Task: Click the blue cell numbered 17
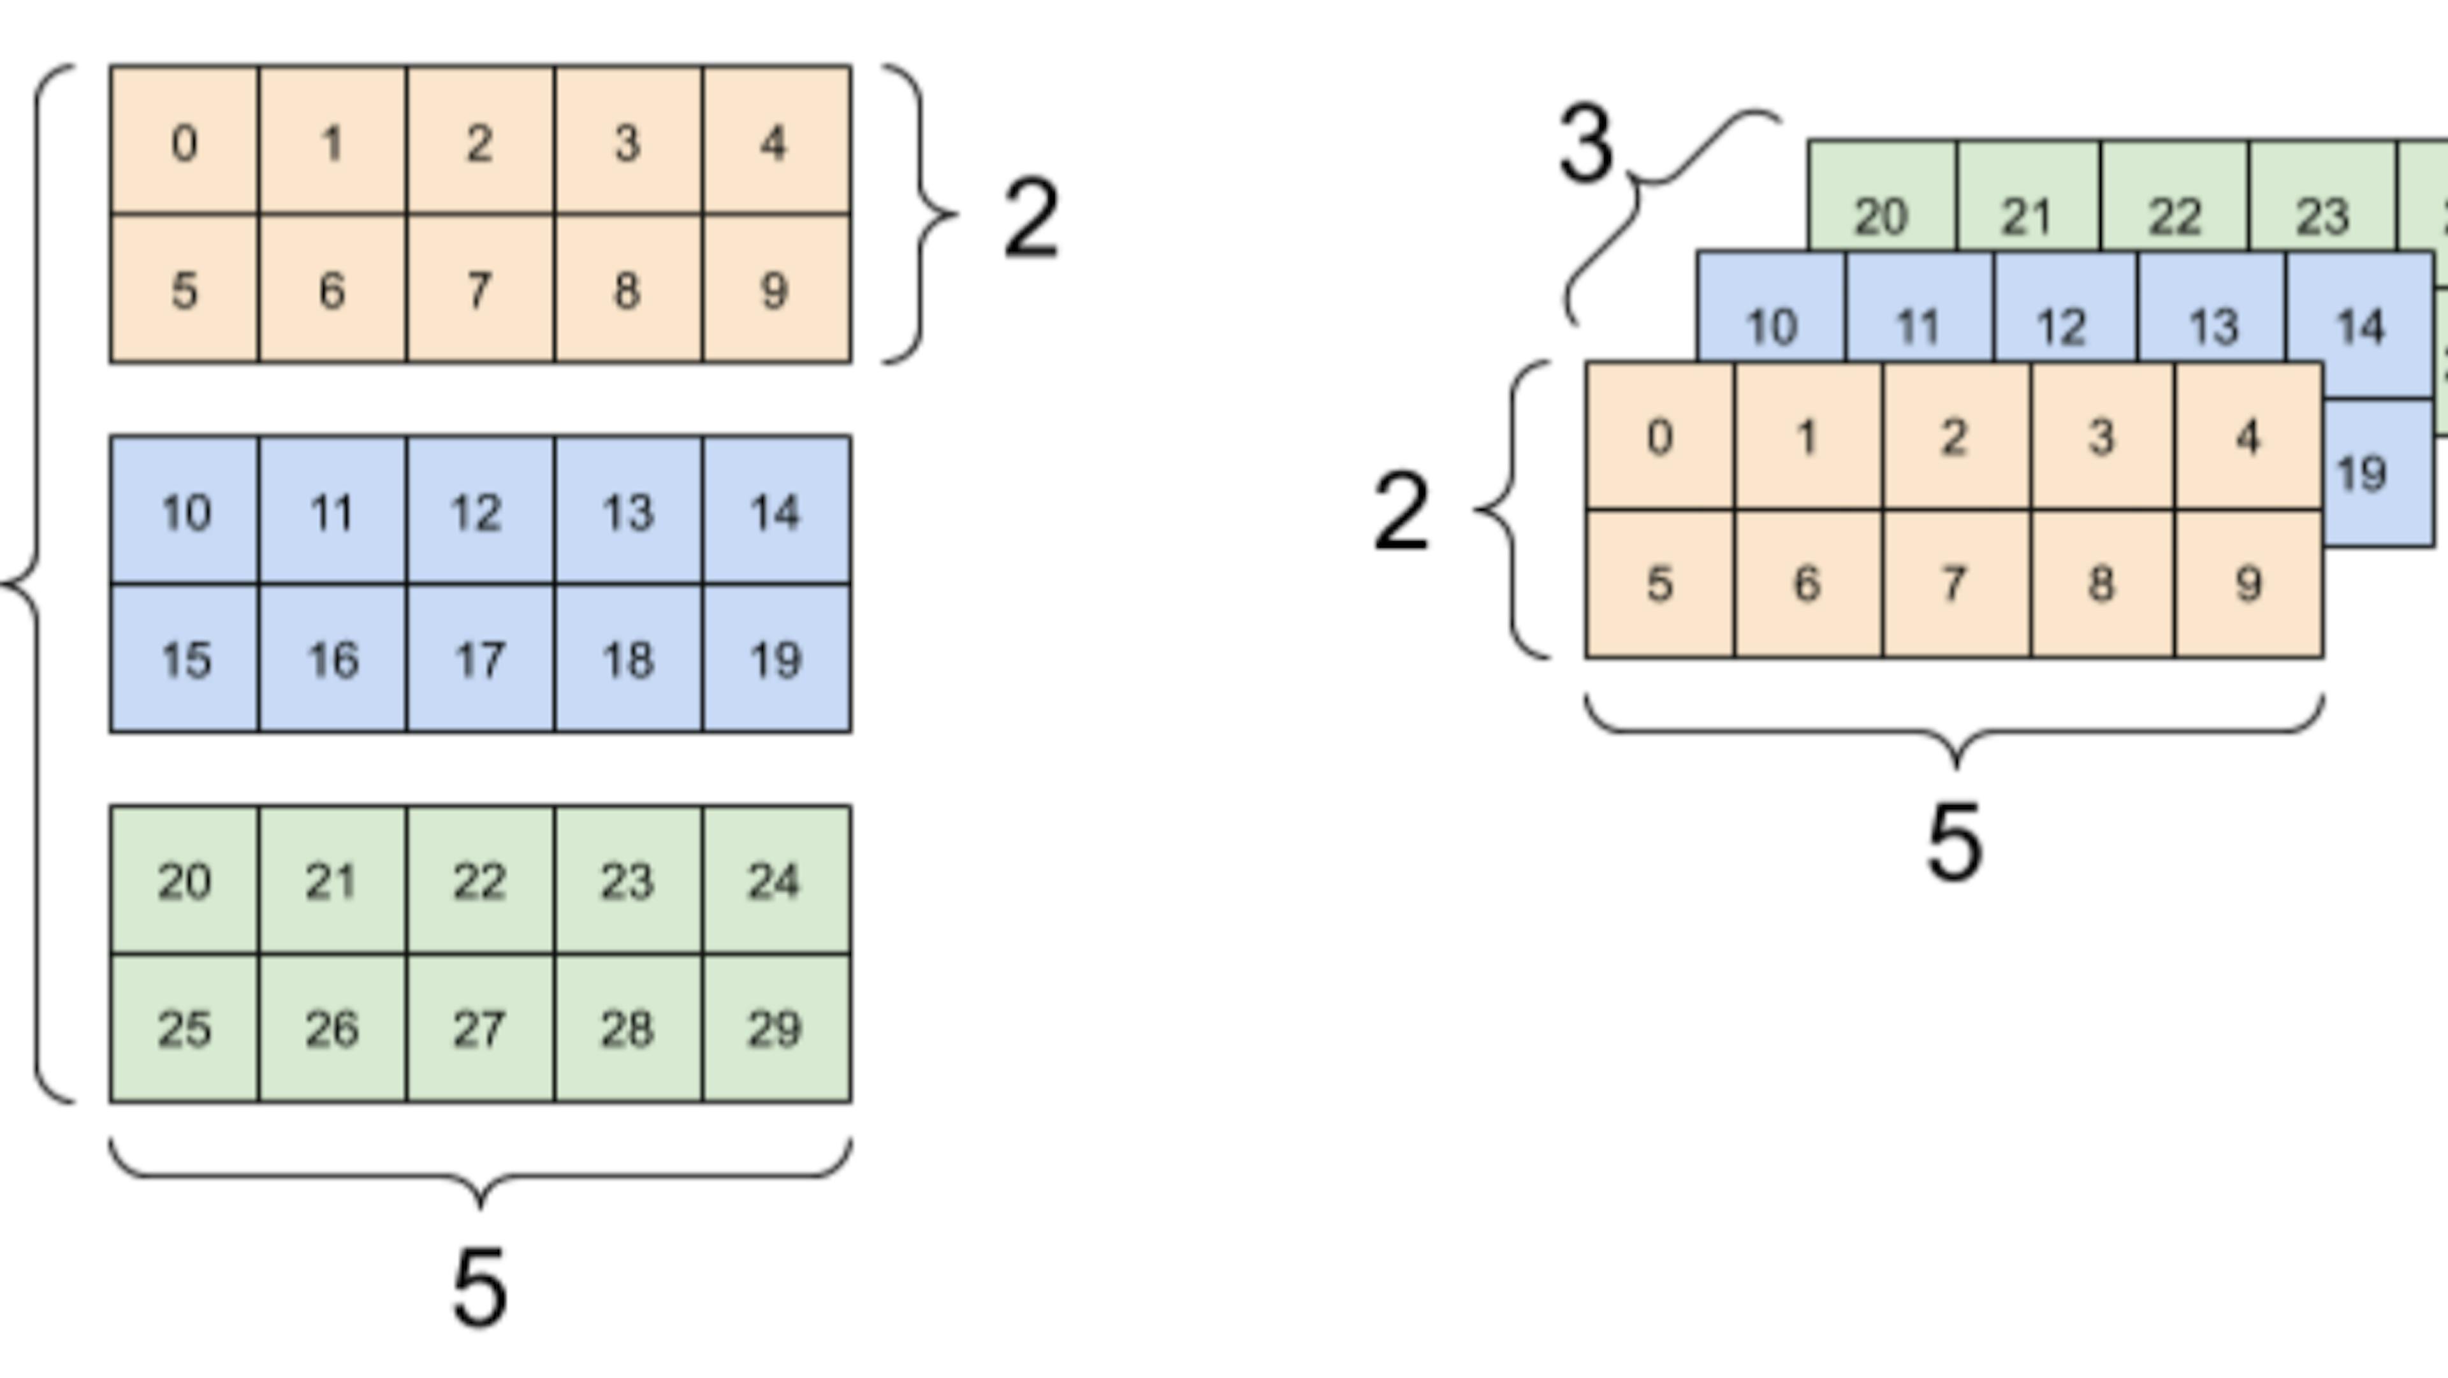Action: pos(480,658)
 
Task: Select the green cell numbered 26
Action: pos(331,1028)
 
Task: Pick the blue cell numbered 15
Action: pos(184,658)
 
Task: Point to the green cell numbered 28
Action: pos(627,1028)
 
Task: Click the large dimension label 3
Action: pos(1585,145)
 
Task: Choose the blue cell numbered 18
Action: pos(627,658)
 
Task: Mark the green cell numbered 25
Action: pos(184,1028)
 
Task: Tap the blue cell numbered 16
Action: pos(331,658)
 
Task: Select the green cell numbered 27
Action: pos(480,1028)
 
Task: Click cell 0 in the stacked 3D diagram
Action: pos(1659,437)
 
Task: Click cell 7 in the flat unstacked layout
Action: pos(480,289)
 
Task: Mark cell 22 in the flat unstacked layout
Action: pos(480,881)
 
